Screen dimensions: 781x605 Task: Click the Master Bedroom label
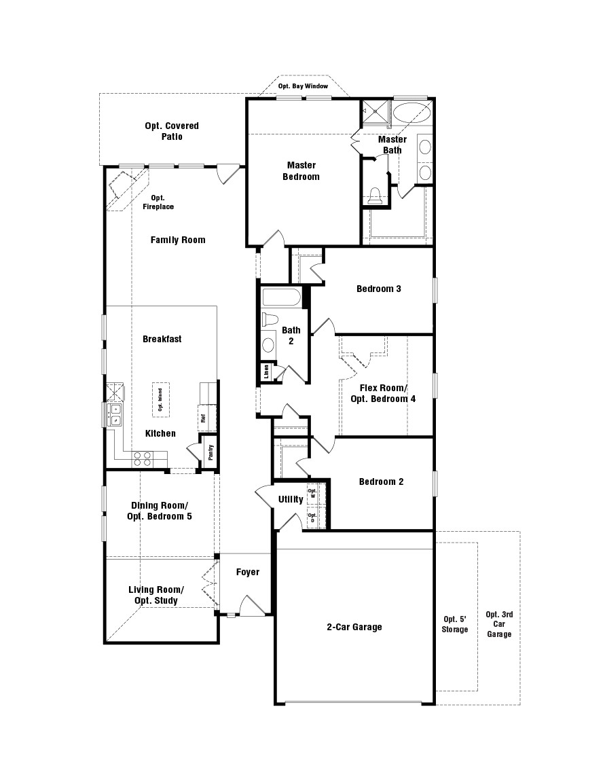point(301,170)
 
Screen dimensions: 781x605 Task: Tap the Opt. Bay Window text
point(303,86)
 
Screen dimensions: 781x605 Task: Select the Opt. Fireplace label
point(158,202)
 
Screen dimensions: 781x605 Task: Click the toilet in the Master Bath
point(375,197)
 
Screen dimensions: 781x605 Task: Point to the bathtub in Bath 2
point(281,297)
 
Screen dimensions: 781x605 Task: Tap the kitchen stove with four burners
point(143,458)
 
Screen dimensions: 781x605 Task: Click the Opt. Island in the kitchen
point(161,399)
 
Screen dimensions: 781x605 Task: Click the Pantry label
point(210,452)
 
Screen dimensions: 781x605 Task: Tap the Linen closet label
point(266,371)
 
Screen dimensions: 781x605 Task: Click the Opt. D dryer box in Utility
point(312,517)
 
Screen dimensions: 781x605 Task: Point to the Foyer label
point(248,572)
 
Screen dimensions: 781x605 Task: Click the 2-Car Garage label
point(354,627)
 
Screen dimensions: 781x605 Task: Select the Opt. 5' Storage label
point(455,624)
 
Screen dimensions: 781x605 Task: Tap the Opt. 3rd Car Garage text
point(499,624)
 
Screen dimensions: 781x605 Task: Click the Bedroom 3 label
point(379,289)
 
